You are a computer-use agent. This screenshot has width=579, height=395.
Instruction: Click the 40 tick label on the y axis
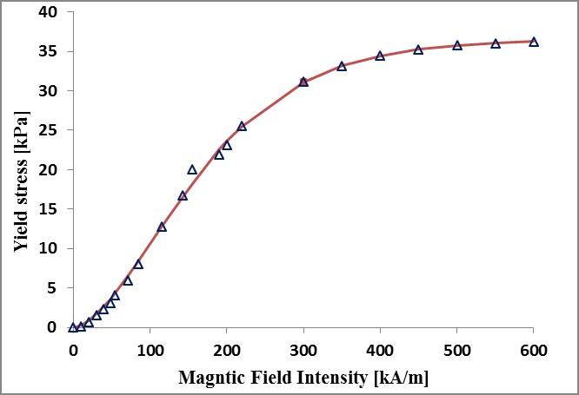click(48, 12)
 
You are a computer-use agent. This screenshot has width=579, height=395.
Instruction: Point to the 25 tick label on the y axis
click(48, 130)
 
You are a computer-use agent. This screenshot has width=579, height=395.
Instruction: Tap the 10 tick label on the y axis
click(48, 248)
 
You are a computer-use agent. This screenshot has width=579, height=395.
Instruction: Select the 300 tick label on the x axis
click(303, 351)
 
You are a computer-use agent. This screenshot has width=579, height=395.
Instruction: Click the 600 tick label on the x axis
click(534, 351)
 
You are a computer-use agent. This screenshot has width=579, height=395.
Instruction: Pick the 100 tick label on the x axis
click(150, 351)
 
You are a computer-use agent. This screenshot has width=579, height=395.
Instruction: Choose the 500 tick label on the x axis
click(457, 351)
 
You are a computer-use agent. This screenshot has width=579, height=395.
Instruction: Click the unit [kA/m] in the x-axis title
click(402, 378)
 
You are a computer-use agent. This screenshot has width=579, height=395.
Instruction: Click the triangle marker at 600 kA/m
click(534, 42)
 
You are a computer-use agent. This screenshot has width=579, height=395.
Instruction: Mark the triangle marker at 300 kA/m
click(303, 82)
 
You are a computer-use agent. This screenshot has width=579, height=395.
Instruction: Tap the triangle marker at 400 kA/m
click(380, 56)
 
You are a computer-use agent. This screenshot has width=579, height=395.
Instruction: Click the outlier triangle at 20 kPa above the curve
click(192, 169)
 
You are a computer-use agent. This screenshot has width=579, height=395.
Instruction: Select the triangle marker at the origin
click(73, 327)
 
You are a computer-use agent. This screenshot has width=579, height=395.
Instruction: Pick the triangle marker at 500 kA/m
click(457, 45)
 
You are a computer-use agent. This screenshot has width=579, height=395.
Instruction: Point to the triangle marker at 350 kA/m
click(342, 66)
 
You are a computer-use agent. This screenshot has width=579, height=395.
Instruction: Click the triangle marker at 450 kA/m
click(418, 49)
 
